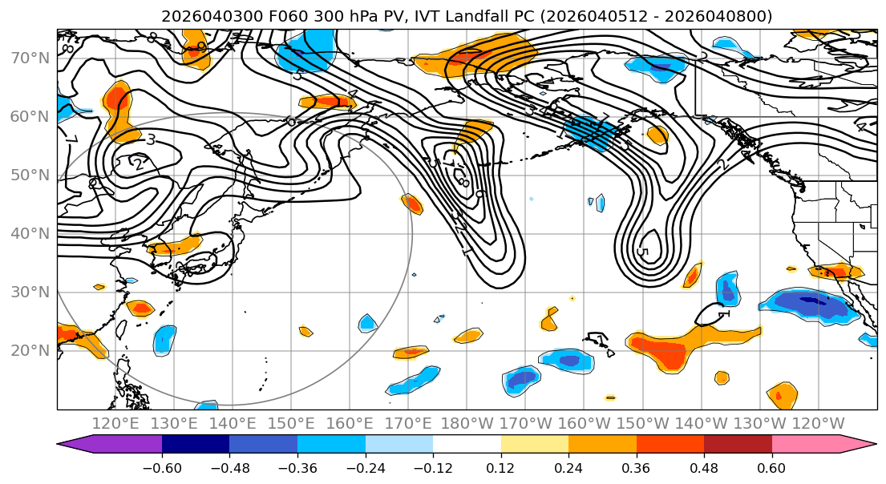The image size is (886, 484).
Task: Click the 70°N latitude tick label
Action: tap(30, 58)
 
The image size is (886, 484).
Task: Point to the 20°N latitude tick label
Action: tap(30, 350)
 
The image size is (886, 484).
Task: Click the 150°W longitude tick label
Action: tap(643, 423)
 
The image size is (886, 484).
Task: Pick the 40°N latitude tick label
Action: tap(30, 233)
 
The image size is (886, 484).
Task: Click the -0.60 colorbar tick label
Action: tap(162, 467)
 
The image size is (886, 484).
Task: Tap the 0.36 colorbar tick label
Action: tap(636, 467)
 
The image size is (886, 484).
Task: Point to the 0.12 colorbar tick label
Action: tap(500, 467)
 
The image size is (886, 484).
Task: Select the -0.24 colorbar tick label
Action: tap(365, 467)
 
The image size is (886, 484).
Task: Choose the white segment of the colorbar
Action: tap(467, 444)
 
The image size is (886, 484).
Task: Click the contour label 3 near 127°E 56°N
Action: tap(151, 139)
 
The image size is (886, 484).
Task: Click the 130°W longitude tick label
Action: tap(760, 423)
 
